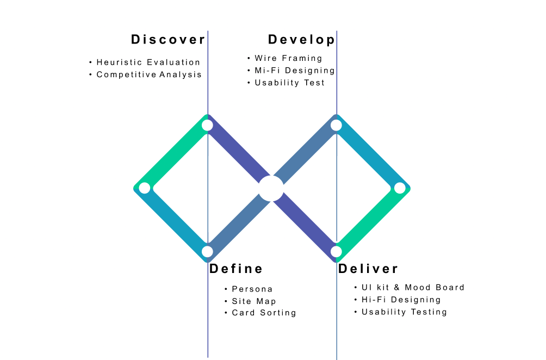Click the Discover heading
[168, 40]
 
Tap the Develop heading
[301, 40]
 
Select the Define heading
[236, 269]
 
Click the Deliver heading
[368, 269]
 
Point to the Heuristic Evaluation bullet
[148, 63]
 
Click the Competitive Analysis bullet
[149, 75]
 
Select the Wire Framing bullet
[288, 58]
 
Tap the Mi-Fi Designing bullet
[294, 71]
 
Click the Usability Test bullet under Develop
[289, 83]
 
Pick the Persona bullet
[252, 289]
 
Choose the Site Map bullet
[253, 301]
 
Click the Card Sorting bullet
[264, 313]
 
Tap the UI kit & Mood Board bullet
[413, 288]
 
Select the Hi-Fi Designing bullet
[401, 300]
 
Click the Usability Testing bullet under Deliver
[404, 312]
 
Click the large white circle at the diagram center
[271, 189]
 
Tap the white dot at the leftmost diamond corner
[144, 188]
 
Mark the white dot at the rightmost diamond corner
[400, 188]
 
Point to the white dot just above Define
[207, 251]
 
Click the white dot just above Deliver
[336, 251]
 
